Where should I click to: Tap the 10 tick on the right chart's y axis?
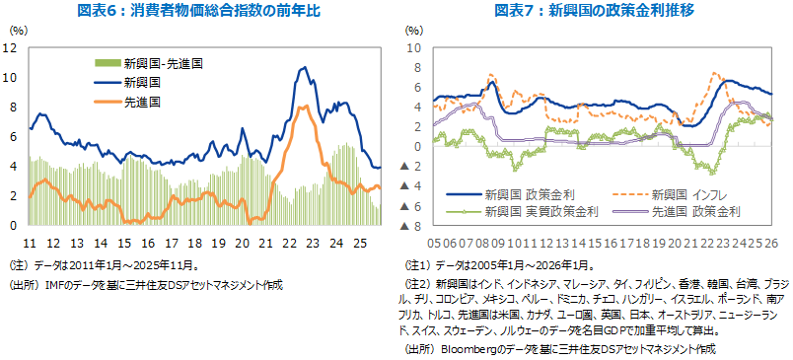[414, 47]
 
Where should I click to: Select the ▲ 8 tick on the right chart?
[413, 226]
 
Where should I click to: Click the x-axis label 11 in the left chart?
[30, 242]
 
